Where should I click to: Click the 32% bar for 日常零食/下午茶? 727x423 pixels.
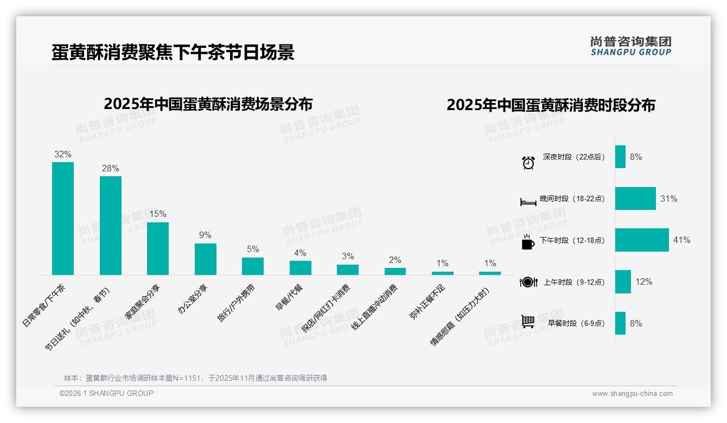[x=63, y=219]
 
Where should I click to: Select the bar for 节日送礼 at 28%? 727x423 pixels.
[x=110, y=226]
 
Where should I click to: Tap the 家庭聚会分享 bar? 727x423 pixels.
[x=158, y=248]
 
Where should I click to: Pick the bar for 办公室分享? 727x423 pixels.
[x=205, y=259]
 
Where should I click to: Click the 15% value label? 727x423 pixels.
[x=158, y=214]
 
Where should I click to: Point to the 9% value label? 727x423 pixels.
[x=205, y=235]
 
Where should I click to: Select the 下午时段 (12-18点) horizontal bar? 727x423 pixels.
[x=642, y=240]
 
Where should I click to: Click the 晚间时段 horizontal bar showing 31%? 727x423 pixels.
[x=635, y=198]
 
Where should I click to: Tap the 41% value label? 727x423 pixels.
[x=681, y=240]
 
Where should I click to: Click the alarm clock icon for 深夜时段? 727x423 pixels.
[x=528, y=162]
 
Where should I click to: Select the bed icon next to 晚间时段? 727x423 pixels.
[x=528, y=202]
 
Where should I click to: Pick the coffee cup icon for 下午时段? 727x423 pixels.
[x=528, y=242]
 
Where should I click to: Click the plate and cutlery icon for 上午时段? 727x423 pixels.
[x=528, y=282]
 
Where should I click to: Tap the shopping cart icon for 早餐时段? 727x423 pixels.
[x=528, y=322]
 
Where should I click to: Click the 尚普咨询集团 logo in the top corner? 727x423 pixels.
[x=631, y=46]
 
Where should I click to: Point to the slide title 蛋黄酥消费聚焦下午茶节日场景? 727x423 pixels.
[x=173, y=52]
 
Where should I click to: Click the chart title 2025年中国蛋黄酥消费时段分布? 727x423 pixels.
[x=551, y=105]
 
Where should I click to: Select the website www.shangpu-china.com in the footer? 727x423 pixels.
[x=632, y=394]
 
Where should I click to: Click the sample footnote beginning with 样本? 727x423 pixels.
[x=195, y=378]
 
